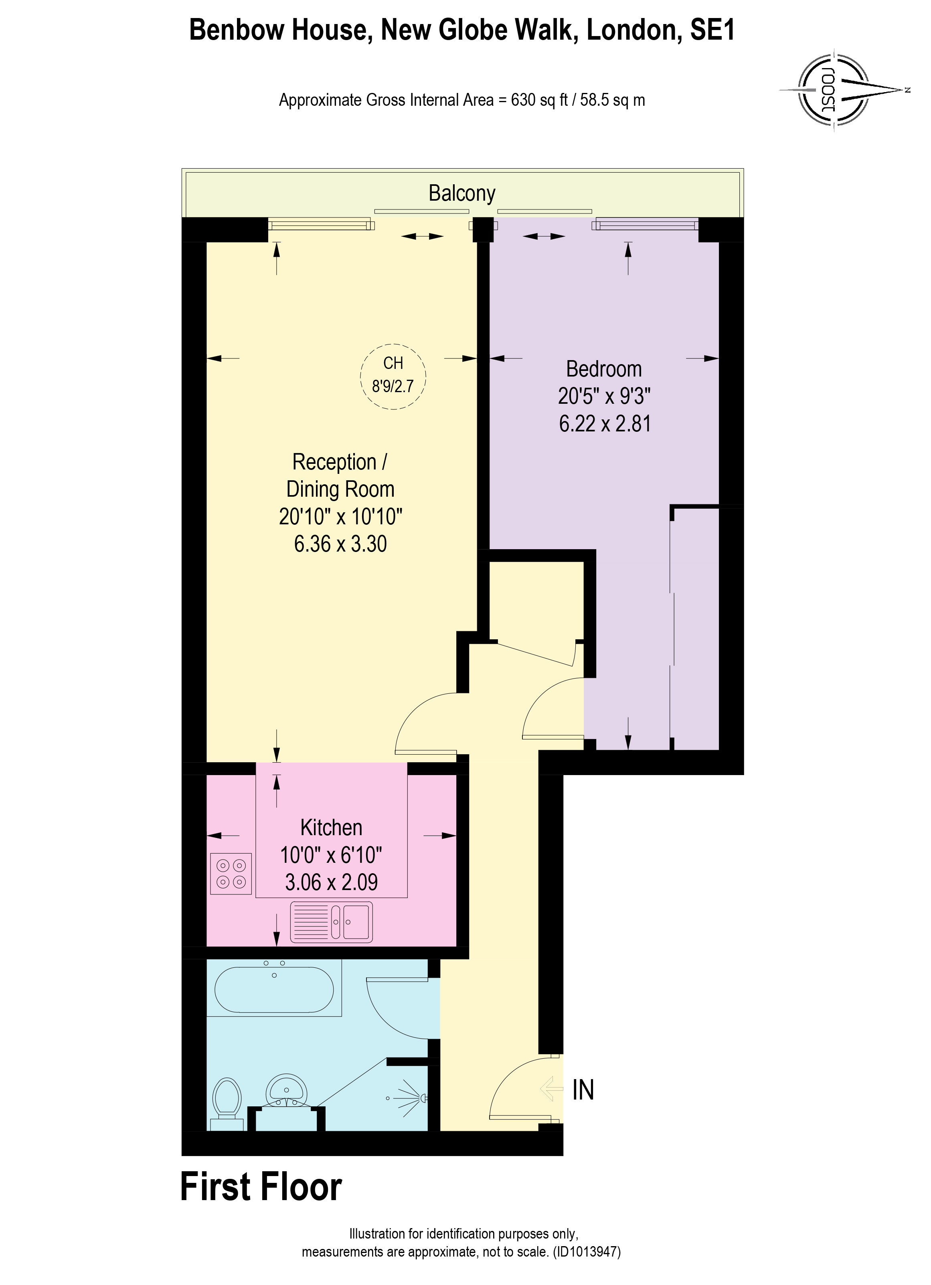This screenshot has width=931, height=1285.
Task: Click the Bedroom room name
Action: pyautogui.click(x=604, y=369)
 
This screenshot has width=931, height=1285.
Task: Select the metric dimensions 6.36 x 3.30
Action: pyautogui.click(x=340, y=544)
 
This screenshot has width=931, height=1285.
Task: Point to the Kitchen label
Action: pyautogui.click(x=331, y=828)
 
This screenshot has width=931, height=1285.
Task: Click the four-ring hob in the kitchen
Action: pyautogui.click(x=231, y=874)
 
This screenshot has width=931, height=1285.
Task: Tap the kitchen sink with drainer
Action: pyautogui.click(x=331, y=922)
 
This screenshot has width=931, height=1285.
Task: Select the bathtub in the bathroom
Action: pyautogui.click(x=274, y=990)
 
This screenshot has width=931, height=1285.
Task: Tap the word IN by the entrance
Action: pyautogui.click(x=583, y=1090)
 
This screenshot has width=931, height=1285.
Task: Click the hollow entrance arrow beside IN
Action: pyautogui.click(x=551, y=1089)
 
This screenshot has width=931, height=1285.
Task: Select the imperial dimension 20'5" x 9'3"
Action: pyautogui.click(x=604, y=396)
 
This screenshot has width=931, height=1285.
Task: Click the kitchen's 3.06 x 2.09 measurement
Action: pyautogui.click(x=331, y=882)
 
